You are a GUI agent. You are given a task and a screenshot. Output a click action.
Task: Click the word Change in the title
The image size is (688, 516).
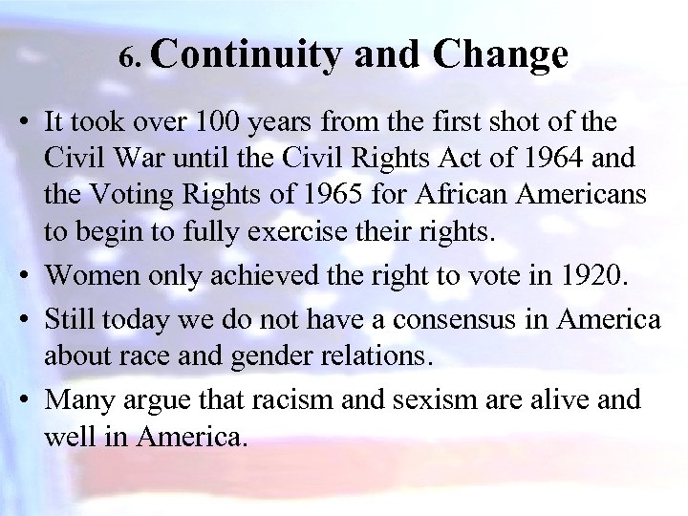(501, 55)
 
